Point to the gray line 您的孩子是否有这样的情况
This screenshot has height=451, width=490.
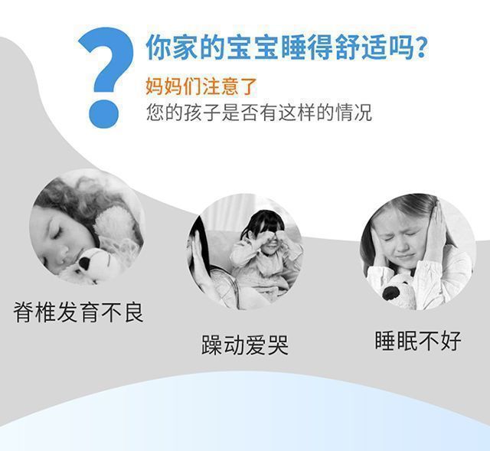tap(259, 113)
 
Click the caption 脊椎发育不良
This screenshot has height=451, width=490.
tap(79, 312)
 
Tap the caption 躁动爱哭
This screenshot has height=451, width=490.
tap(245, 345)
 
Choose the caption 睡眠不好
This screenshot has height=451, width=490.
tap(418, 341)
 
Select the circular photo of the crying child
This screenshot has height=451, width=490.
tap(245, 250)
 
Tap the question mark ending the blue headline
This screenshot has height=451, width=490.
tap(418, 48)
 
